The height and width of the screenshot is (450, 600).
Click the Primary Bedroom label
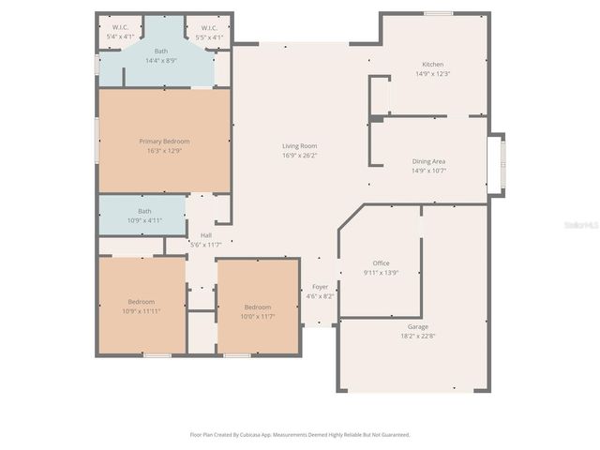click(x=164, y=141)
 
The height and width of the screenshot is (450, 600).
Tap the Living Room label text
click(x=300, y=145)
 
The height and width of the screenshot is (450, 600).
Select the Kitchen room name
click(x=432, y=64)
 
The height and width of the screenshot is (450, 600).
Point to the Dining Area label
click(x=428, y=161)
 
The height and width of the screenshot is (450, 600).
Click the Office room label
click(x=381, y=263)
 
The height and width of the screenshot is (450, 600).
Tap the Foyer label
click(x=320, y=287)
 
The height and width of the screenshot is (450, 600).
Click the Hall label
click(x=205, y=235)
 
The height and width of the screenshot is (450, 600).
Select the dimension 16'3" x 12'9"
click(x=164, y=151)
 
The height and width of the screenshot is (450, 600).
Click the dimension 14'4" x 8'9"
click(x=161, y=61)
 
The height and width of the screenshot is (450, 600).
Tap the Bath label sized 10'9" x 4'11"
click(x=144, y=211)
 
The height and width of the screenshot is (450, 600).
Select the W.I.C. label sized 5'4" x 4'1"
click(x=119, y=27)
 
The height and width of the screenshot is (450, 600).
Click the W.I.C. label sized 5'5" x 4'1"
click(x=208, y=27)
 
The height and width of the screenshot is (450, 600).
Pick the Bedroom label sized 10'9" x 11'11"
click(x=141, y=301)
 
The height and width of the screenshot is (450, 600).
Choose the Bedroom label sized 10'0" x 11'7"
click(x=257, y=307)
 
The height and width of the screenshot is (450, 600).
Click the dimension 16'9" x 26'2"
click(x=300, y=156)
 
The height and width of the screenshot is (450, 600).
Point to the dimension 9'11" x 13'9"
click(x=381, y=273)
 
